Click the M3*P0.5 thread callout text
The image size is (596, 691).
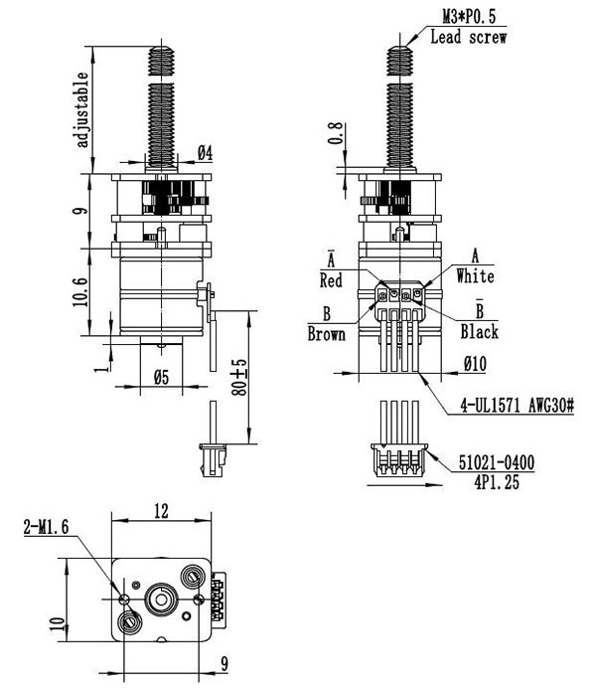469,17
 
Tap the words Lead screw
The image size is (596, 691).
469,37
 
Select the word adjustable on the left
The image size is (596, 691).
82,109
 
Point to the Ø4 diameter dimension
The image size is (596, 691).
205,153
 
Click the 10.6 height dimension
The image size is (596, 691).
80,291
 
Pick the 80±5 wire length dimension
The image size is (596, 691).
240,377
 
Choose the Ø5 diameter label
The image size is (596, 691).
162,377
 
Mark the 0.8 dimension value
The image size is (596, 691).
336,133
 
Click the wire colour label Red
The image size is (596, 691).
331,280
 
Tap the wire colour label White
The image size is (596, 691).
475,276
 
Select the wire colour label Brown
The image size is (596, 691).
326,334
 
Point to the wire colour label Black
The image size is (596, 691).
480,332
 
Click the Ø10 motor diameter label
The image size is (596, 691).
475,364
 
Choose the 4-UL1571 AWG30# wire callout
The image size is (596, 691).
518,405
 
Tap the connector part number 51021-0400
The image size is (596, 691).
497,462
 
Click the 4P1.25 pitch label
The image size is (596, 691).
497,482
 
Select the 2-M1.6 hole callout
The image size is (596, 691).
47,527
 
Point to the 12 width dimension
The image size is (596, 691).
161,511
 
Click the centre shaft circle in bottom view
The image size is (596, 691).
161,599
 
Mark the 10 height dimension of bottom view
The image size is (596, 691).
58,624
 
